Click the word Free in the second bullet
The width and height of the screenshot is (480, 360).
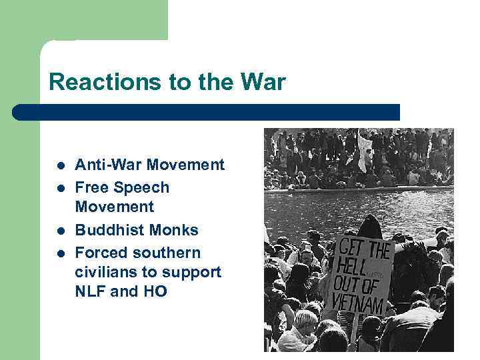coord(90,187)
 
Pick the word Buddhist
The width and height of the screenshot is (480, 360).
coord(108,230)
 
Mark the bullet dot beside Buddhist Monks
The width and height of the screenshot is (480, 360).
coord(60,231)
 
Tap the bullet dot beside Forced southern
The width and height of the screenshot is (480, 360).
coord(60,253)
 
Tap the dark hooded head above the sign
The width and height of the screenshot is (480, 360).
coord(370,226)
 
